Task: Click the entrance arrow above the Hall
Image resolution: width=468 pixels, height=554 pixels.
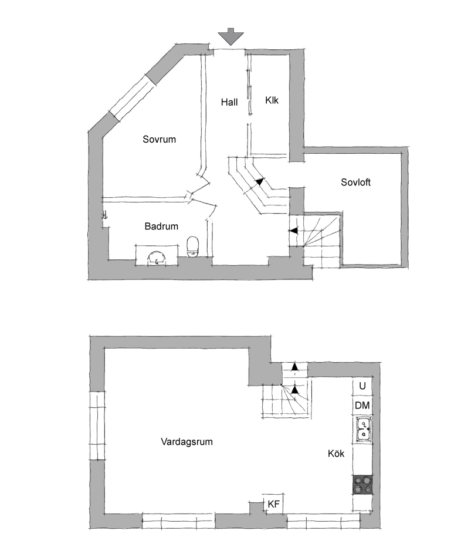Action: [230, 36]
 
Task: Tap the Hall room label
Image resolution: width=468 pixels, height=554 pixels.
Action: [229, 103]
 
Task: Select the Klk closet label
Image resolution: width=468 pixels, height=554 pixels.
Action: [272, 100]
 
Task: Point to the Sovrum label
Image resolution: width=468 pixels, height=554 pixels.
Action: [160, 139]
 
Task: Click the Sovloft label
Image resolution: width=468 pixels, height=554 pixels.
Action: [355, 183]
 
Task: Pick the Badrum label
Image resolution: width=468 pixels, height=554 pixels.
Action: [161, 226]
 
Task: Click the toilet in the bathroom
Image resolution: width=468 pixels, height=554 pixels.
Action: [193, 246]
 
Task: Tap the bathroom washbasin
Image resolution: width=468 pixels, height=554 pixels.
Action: [157, 257]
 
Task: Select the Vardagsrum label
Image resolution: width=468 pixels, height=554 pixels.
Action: [186, 442]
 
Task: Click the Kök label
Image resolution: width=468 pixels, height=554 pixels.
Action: [336, 453]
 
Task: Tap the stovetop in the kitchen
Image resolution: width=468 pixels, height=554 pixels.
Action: [363, 485]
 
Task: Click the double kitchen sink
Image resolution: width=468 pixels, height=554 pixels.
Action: [363, 430]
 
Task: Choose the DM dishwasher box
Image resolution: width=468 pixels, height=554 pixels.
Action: [362, 406]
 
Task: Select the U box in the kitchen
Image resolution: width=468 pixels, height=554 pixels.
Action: [362, 386]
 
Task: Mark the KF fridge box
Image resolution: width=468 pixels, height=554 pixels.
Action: [274, 504]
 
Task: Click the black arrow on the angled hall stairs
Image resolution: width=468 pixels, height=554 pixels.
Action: [259, 182]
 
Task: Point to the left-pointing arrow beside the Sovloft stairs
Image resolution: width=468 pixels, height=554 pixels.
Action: [293, 231]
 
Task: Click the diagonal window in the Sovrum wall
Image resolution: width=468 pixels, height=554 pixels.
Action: [133, 98]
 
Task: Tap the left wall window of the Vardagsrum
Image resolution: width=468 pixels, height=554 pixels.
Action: [97, 425]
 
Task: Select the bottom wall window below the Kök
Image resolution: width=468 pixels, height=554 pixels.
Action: [323, 521]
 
